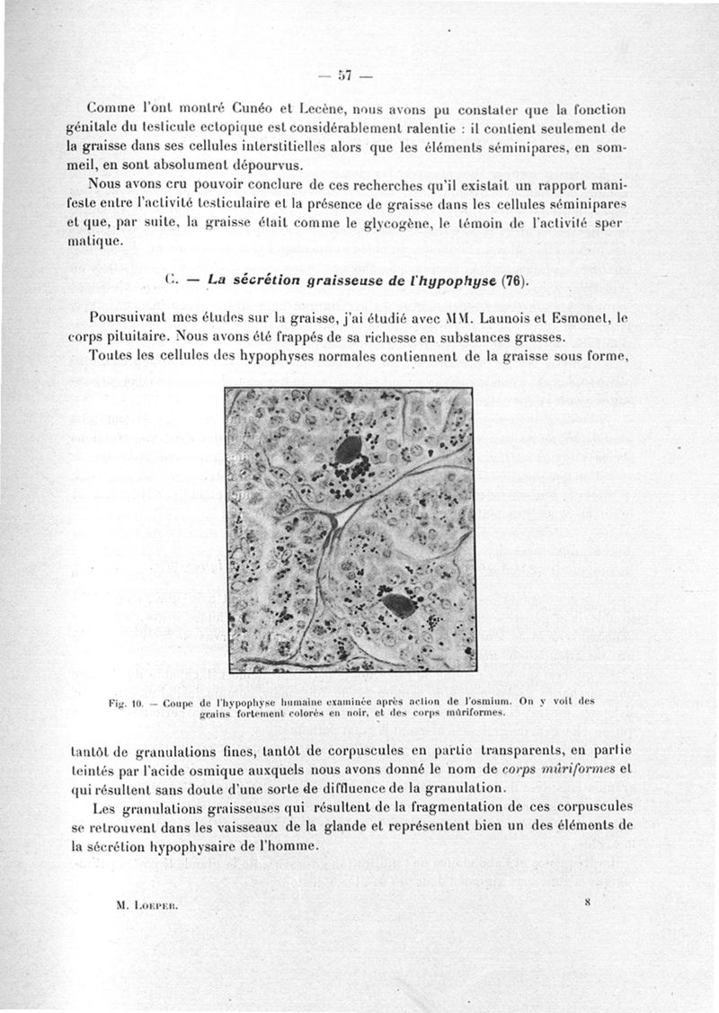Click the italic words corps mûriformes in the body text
[x=559, y=769]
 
